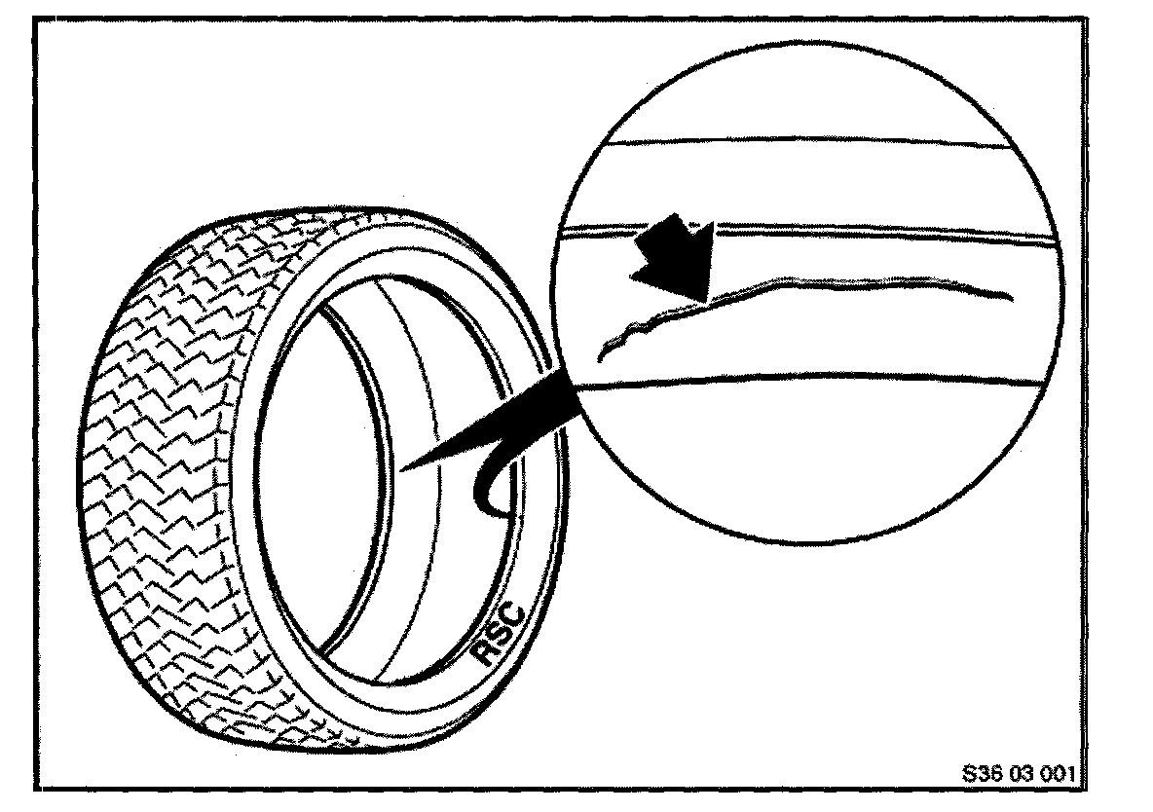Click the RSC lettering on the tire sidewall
(x=502, y=633)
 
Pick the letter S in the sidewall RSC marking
(x=501, y=634)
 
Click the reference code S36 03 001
(x=1017, y=775)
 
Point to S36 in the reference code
(x=980, y=775)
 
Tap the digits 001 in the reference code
(x=1058, y=775)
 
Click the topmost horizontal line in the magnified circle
(x=808, y=145)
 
